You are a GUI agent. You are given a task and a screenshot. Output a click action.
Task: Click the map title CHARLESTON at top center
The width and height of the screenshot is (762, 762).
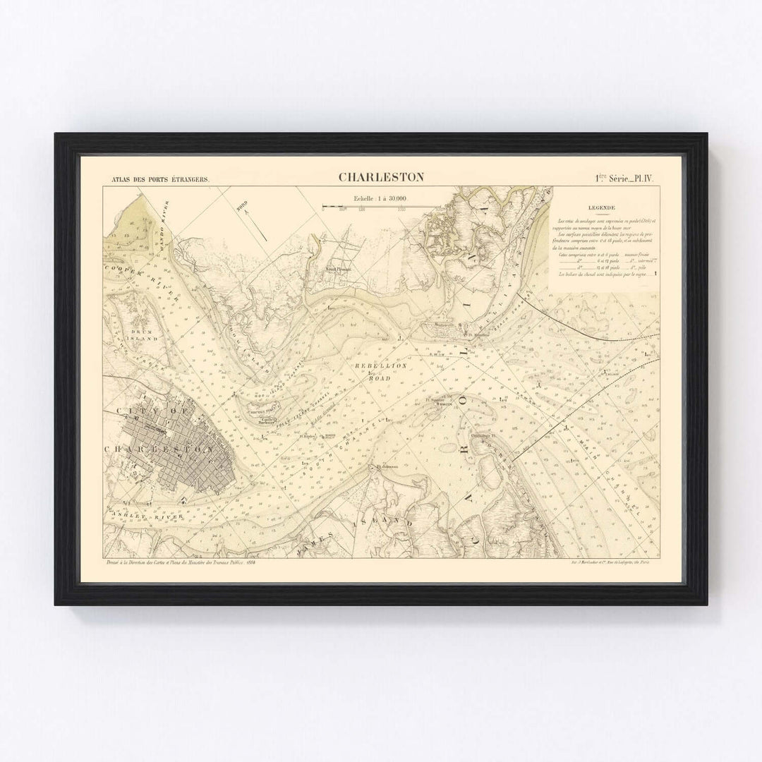pos(381,176)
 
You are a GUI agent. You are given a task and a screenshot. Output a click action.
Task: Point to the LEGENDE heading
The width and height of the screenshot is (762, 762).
pos(604,208)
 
